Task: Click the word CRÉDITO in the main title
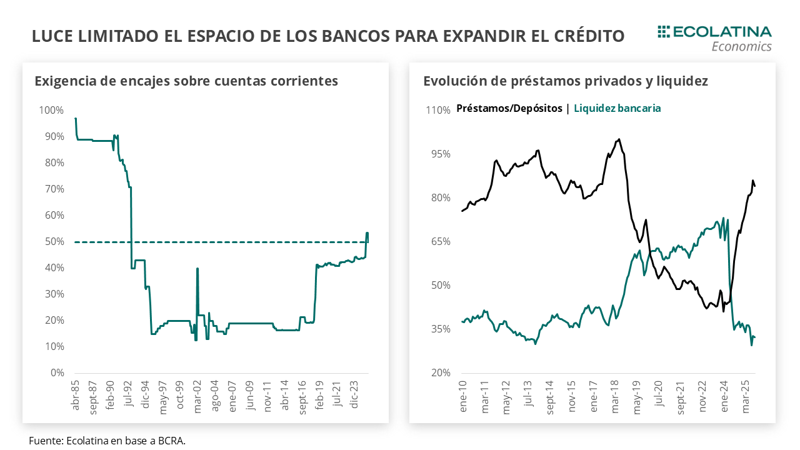588,36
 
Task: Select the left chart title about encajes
186,81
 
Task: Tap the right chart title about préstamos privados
565,81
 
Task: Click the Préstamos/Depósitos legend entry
509,108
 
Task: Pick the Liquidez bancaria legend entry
617,108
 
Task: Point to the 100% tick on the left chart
51,111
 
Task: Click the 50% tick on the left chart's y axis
54,242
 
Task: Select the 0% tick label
57,373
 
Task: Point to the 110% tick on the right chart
439,111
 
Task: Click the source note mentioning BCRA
107,441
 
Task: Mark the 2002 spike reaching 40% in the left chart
197,269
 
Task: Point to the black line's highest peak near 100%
619,139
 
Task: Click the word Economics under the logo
741,46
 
